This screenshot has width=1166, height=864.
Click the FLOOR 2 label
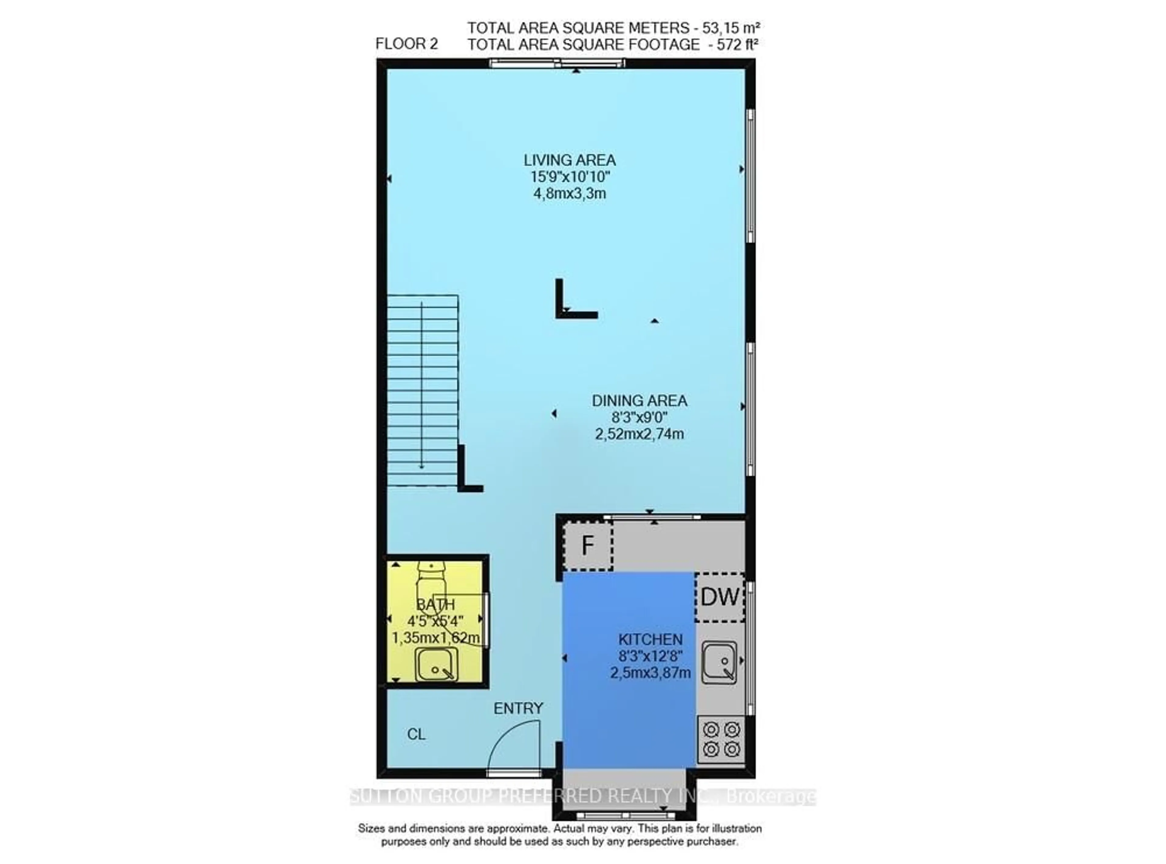[406, 44]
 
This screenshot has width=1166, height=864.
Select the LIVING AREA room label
[569, 160]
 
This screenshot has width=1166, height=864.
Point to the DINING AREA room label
[639, 401]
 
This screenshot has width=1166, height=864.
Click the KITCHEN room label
[650, 640]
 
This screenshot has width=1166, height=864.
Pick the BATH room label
[435, 605]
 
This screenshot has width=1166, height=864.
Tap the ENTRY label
[518, 709]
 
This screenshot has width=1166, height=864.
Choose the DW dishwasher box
[719, 597]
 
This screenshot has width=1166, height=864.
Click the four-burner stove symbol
[721, 739]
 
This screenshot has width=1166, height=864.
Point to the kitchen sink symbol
[719, 663]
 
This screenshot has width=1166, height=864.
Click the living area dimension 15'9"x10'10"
[569, 177]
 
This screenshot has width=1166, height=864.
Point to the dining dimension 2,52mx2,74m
[639, 434]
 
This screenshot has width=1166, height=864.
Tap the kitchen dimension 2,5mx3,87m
[650, 673]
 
